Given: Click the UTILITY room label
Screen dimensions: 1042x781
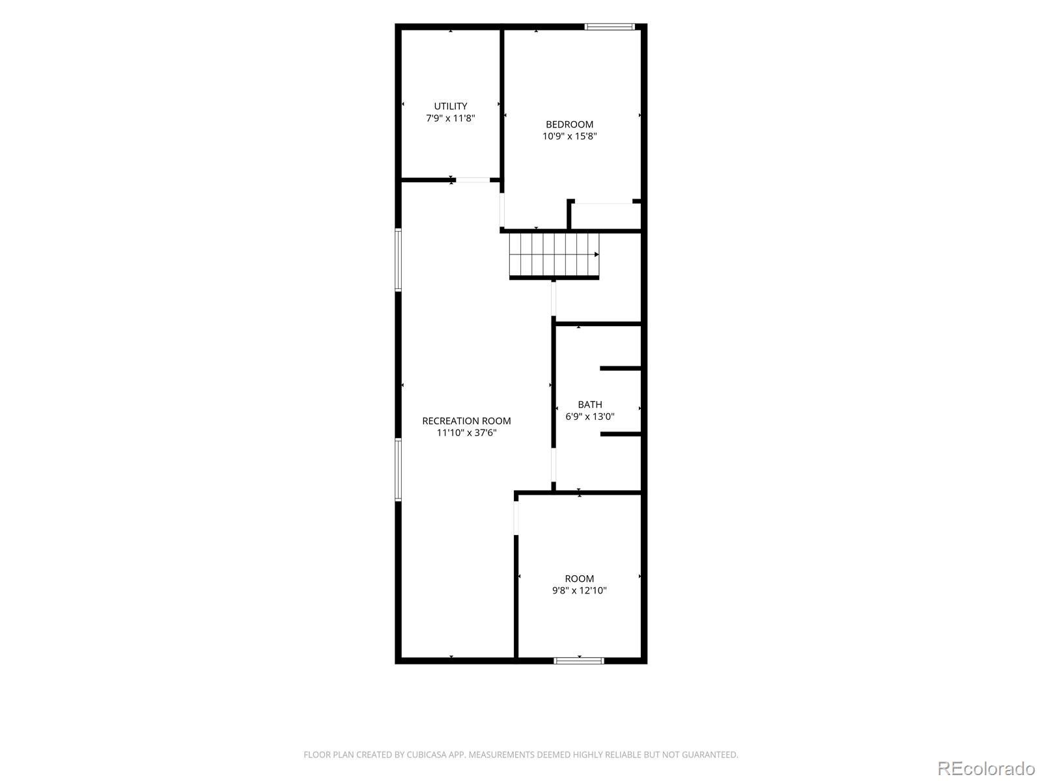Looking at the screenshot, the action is pyautogui.click(x=450, y=106).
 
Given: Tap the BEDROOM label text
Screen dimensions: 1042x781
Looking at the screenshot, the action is pyautogui.click(x=569, y=125).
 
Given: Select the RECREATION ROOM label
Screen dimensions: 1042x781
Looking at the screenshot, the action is pyautogui.click(x=466, y=420).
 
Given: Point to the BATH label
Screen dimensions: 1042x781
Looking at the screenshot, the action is pyautogui.click(x=589, y=404).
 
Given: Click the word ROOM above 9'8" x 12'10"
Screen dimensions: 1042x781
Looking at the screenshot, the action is pyautogui.click(x=579, y=579).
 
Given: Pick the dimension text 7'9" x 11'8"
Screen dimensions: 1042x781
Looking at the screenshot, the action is pyautogui.click(x=450, y=118).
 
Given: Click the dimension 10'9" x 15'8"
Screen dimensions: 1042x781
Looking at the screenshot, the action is pyautogui.click(x=569, y=136).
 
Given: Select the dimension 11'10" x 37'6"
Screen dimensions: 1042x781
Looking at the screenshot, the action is pyautogui.click(x=466, y=432).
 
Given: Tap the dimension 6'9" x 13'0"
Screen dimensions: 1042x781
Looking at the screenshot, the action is pyautogui.click(x=589, y=417).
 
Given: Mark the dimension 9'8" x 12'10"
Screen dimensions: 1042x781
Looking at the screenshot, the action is pyautogui.click(x=579, y=590).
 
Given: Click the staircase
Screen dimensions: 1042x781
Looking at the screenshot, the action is pyautogui.click(x=554, y=254).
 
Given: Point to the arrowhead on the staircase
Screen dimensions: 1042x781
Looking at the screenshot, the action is pyautogui.click(x=597, y=254).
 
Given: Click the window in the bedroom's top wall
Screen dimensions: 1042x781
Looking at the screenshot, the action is pyautogui.click(x=610, y=27).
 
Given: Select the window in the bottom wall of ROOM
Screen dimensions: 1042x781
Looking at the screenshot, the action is pyautogui.click(x=579, y=661).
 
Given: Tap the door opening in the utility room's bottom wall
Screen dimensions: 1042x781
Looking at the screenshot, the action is pyautogui.click(x=473, y=180).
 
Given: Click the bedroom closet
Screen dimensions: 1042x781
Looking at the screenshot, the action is pyautogui.click(x=605, y=216).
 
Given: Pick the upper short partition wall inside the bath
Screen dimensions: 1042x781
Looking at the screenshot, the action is pyautogui.click(x=621, y=368).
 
